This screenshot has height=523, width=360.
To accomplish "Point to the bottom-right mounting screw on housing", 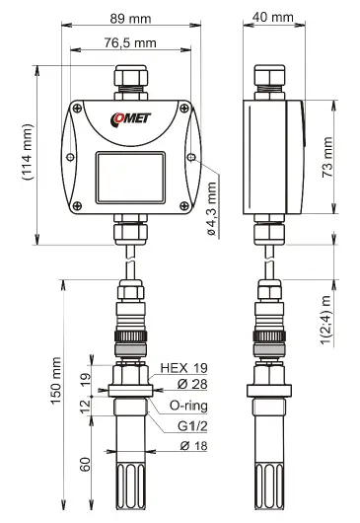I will [x=186, y=205].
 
